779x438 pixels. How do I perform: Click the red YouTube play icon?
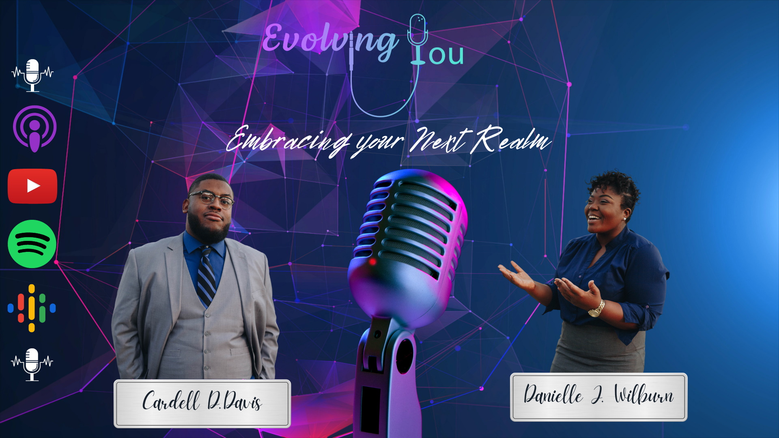tap(32, 186)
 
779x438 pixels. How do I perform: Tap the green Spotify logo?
tap(32, 244)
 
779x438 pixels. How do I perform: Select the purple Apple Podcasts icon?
tap(34, 129)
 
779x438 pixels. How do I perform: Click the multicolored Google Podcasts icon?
tap(32, 308)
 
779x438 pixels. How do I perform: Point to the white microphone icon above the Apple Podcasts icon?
tap(32, 75)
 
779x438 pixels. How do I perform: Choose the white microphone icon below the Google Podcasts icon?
tap(32, 364)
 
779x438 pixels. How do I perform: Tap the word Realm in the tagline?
tap(510, 140)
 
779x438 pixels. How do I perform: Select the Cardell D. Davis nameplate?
tap(202, 403)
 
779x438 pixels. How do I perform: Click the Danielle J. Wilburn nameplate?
tap(598, 397)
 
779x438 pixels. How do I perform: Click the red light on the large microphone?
tap(372, 262)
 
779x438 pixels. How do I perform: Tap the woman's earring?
tap(625, 219)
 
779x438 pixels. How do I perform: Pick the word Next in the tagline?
tap(439, 140)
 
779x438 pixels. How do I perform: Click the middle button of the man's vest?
tap(208, 333)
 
